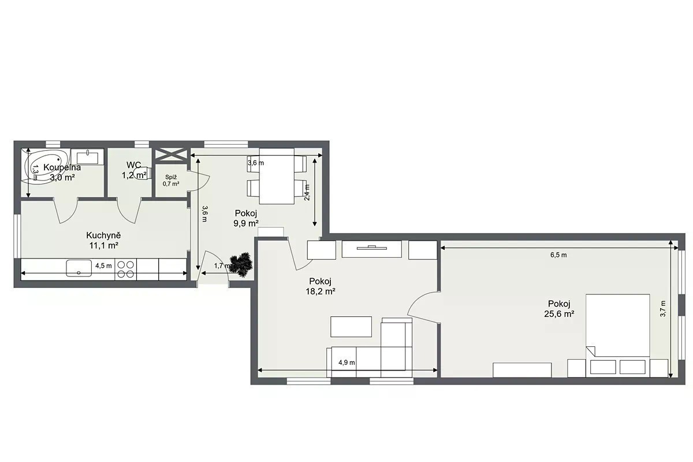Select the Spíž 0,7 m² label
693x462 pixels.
pos(171,180)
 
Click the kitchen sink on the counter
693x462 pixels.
pos(79,268)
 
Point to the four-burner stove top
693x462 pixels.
pos(126,269)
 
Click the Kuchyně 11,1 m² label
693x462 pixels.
pos(103,241)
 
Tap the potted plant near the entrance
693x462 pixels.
pos(241,264)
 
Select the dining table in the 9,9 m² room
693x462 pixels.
pos(277,176)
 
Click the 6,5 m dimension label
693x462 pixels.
pos(558,255)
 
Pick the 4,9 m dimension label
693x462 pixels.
pos(346,363)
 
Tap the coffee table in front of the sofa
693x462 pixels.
pos(351,327)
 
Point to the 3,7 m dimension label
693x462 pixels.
pos(663,309)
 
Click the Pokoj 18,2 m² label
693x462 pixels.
pos(321,286)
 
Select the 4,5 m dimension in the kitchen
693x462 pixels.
pos(103,265)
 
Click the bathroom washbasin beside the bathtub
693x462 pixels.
pos(87,157)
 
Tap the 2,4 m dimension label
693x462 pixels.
pos(307,193)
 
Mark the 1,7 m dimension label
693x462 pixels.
pos(222,265)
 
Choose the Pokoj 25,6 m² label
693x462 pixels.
pos(559,309)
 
